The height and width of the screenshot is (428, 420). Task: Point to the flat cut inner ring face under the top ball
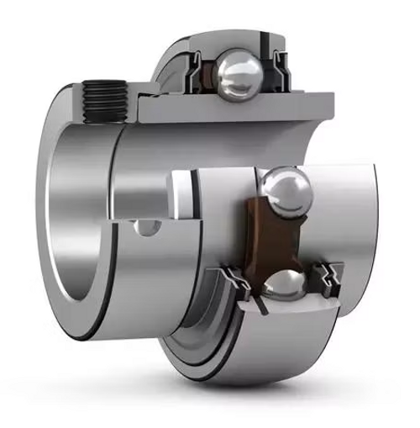tap(235, 106)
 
